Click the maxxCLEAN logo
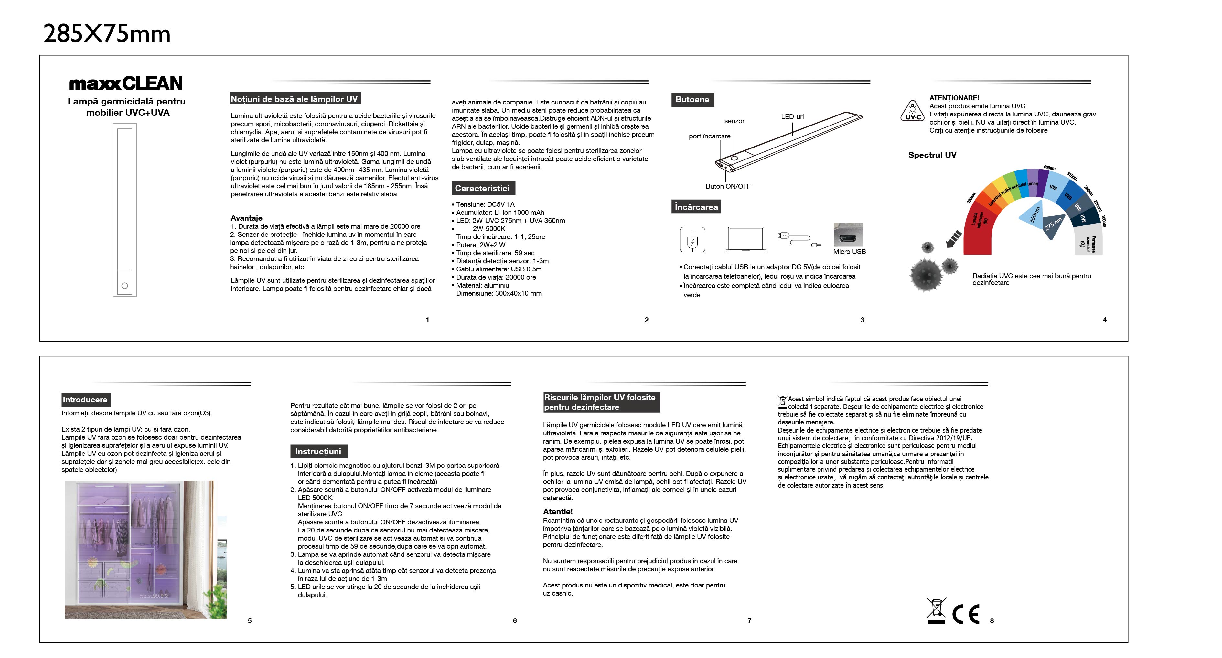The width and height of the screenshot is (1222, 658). [x=126, y=83]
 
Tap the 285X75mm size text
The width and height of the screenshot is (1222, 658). [x=107, y=34]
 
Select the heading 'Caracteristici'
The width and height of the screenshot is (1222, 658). [x=482, y=189]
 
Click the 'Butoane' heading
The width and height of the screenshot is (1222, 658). [x=692, y=100]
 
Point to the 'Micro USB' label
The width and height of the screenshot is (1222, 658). [x=849, y=252]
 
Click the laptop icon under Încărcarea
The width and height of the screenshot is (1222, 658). [x=746, y=240]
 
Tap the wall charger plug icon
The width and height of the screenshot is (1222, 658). [x=692, y=239]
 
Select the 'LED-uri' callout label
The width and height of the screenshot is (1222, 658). [x=792, y=117]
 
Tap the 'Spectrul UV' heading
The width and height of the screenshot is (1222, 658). [x=932, y=155]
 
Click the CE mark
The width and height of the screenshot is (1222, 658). [x=966, y=614]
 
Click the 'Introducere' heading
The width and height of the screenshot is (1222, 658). [x=85, y=400]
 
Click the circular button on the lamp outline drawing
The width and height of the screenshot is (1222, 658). [x=125, y=286]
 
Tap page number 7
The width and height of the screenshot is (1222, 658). [x=749, y=620]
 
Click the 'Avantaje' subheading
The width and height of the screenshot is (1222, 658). [x=246, y=218]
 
